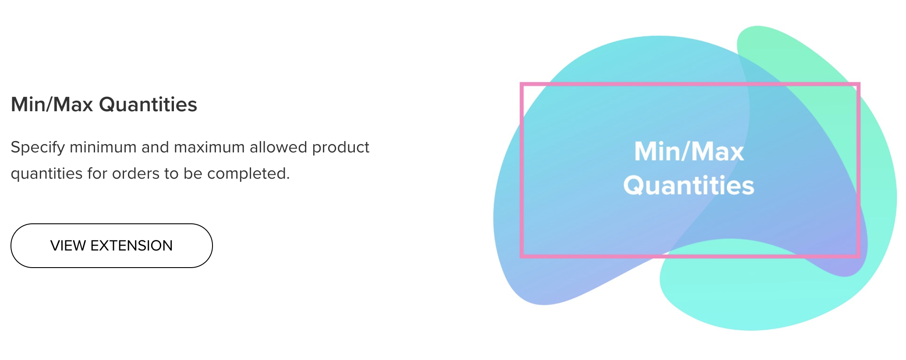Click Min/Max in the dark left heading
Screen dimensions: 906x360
[x=52, y=105]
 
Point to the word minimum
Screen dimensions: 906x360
[x=103, y=147]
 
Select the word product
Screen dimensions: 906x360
[x=341, y=148]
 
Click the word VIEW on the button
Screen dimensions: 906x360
[x=68, y=246]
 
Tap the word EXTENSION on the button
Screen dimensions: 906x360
[x=131, y=246]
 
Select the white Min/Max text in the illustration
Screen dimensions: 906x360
[x=689, y=152]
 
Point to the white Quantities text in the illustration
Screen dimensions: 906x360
[x=689, y=186]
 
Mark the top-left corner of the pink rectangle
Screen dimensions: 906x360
[x=522, y=84]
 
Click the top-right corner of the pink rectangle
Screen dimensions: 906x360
[x=858, y=84]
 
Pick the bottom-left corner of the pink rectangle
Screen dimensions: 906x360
[x=522, y=257]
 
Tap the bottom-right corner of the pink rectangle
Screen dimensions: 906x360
[x=858, y=257]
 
